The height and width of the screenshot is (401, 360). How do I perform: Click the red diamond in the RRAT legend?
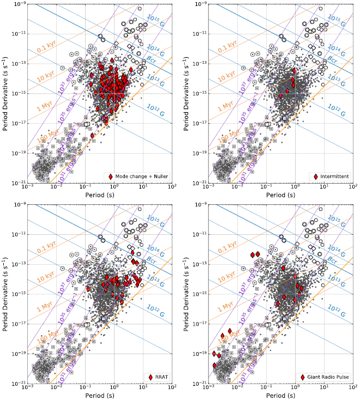pos(151,377)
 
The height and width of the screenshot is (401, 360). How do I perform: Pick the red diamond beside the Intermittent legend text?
pos(316,177)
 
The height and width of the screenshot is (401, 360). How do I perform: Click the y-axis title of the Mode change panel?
pos(5,93)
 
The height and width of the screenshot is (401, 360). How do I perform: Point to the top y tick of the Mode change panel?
pos(15,4)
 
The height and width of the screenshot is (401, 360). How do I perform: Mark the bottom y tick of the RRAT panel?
pos(15,384)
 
